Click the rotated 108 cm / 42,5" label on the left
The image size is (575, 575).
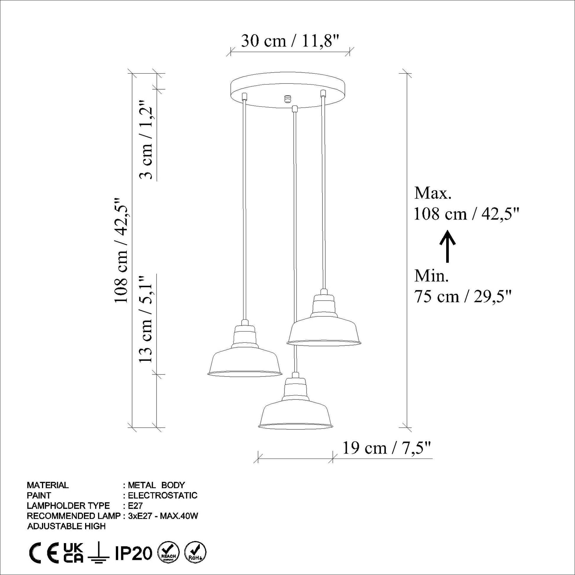pyautogui.click(x=122, y=250)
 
